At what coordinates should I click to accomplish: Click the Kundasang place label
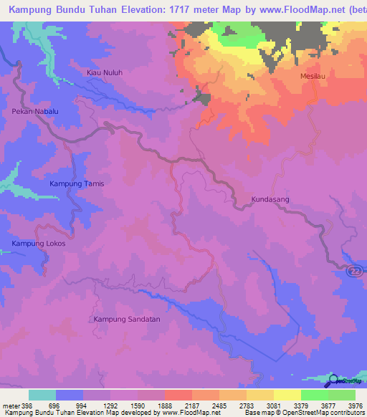[270, 200]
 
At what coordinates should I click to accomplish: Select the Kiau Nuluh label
[104, 73]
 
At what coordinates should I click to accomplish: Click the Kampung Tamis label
[77, 184]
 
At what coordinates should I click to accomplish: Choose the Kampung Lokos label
[39, 244]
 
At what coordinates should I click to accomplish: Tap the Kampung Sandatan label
[127, 319]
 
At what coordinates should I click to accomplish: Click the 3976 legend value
[355, 406]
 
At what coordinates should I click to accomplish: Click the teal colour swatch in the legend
[42, 395]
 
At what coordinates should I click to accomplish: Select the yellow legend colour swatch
[287, 395]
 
